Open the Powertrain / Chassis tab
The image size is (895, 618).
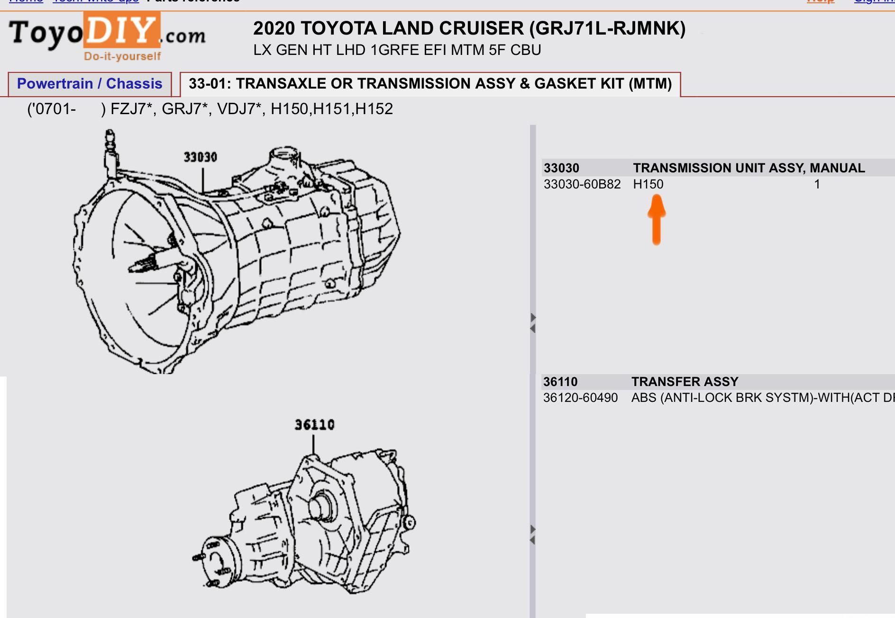90,84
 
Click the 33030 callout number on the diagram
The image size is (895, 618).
200,157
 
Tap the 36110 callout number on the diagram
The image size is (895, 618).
314,425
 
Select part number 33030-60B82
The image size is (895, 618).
582,184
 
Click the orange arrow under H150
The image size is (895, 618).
657,220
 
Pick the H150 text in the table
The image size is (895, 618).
648,184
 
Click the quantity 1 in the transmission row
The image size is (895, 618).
817,184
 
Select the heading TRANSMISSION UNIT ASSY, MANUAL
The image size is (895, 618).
749,168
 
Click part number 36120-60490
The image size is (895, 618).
580,398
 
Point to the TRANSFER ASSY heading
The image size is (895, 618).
685,382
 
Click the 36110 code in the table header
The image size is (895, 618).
560,382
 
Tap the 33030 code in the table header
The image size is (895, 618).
561,168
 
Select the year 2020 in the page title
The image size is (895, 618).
274,28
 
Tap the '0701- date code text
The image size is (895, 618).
52,109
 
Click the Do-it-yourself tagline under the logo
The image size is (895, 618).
122,56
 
